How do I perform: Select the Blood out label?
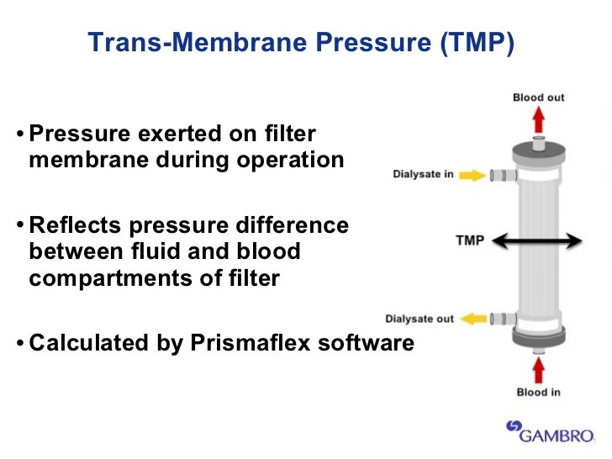click(x=539, y=98)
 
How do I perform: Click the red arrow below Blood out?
click(x=539, y=121)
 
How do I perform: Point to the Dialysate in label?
click(x=424, y=175)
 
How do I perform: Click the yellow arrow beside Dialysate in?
click(x=473, y=175)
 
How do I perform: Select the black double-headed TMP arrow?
click(x=537, y=241)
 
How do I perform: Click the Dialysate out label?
click(x=419, y=319)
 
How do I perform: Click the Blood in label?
click(x=539, y=392)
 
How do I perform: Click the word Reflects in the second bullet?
click(x=74, y=225)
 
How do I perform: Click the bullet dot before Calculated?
click(x=19, y=344)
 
